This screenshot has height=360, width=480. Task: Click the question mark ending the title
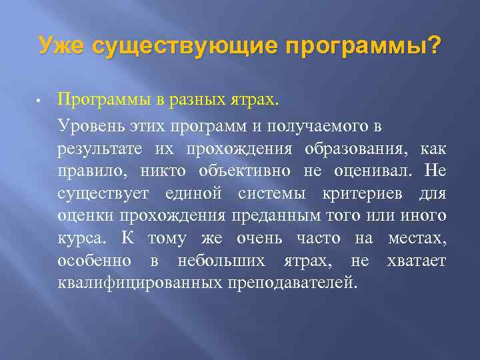click(433, 46)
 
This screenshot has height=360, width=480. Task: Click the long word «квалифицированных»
click(140, 283)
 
